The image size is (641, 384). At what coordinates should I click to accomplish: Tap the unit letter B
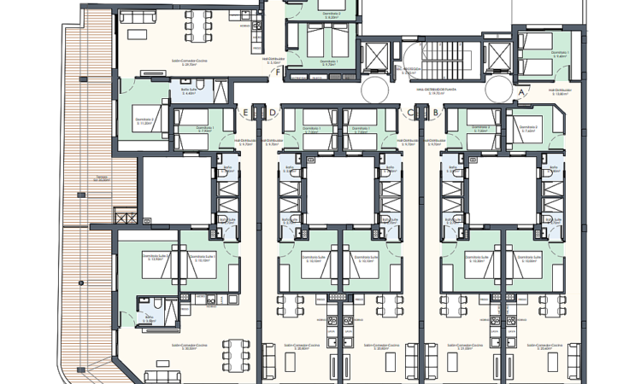(x=436, y=112)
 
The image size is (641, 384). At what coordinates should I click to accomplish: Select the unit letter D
(x=273, y=112)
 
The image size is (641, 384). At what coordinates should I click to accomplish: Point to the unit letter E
(x=246, y=112)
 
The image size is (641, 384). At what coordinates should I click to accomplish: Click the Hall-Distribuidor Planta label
(x=437, y=88)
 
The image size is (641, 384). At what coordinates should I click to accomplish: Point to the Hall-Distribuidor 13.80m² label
(x=562, y=91)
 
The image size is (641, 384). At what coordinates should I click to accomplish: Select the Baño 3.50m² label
(x=150, y=320)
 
